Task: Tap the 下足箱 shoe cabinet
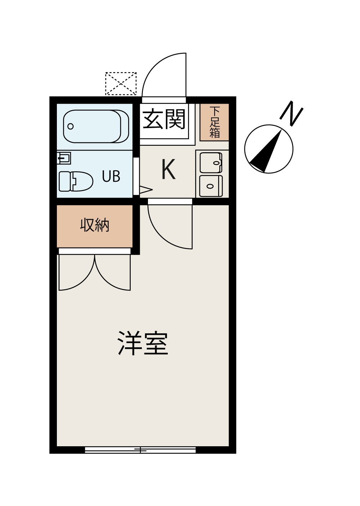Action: (x=215, y=122)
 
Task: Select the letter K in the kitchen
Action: (x=169, y=169)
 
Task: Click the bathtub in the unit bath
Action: (x=96, y=127)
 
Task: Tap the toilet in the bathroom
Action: (x=76, y=181)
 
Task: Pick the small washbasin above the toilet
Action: (x=64, y=158)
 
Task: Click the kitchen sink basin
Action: (x=211, y=163)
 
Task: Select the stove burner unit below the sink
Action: (x=211, y=186)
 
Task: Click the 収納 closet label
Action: (x=95, y=225)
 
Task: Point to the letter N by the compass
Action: (x=291, y=114)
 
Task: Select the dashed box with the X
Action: (x=121, y=83)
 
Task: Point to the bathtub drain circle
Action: (x=71, y=126)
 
